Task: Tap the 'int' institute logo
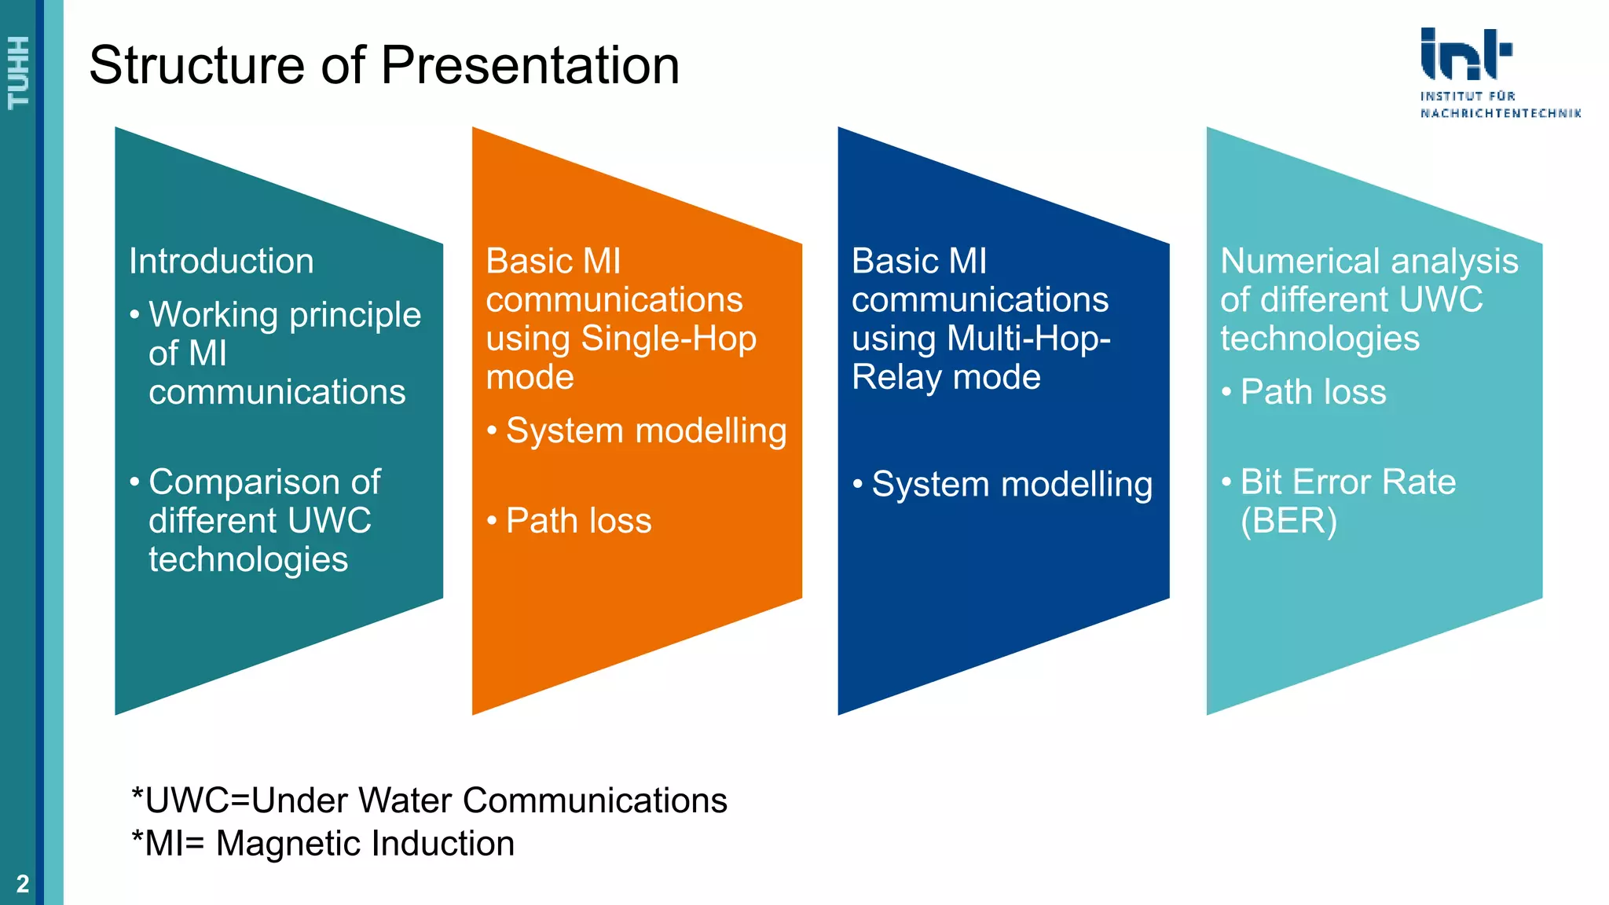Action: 1465,55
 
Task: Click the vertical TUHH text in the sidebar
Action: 18,72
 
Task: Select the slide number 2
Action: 23,884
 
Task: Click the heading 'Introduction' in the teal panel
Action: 222,261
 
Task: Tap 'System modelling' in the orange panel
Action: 646,431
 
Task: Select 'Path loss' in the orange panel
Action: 578,521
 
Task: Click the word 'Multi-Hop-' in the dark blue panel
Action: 1028,339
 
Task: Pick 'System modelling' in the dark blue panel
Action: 1012,484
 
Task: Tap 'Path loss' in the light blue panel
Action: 1313,392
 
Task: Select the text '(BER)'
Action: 1288,521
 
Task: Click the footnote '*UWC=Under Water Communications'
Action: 429,801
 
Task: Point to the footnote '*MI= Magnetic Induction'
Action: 323,844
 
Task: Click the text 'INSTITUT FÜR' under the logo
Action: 1468,96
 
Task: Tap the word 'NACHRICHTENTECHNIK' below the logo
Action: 1501,113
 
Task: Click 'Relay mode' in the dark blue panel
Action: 946,377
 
